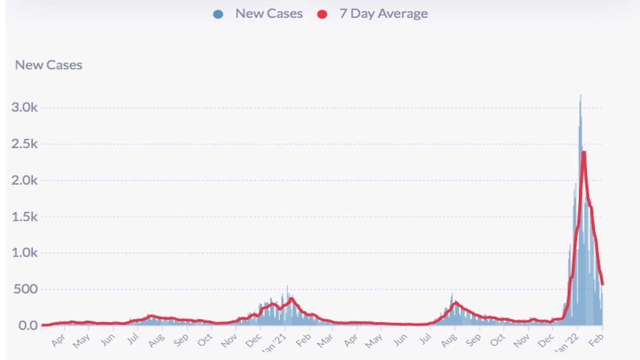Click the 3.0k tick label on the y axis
[x=26, y=108]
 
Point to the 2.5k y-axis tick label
[x=26, y=144]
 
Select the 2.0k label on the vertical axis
[x=26, y=180]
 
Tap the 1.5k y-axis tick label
[x=26, y=217]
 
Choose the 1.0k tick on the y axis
[x=26, y=253]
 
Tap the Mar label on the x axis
[x=324, y=340]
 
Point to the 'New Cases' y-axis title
[x=49, y=65]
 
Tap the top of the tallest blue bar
[x=580, y=95]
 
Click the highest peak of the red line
[x=584, y=152]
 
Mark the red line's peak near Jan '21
[x=291, y=299]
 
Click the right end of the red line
[x=602, y=284]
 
